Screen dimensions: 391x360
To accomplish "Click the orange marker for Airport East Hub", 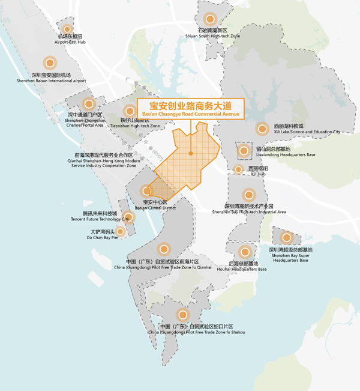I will pos(67,29).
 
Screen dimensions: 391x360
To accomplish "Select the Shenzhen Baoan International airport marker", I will pos(50,62).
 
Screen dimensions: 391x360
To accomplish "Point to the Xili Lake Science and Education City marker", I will pos(262,129).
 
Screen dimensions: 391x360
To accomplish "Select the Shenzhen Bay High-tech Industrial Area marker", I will pos(249,195).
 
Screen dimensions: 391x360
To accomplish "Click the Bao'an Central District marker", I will pos(147,191).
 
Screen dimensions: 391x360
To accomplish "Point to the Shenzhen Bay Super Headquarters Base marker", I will pos(287,237).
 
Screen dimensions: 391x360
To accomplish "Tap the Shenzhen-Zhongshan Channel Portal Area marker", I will pos(88,104).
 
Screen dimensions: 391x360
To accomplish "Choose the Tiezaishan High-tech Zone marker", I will pos(130,111).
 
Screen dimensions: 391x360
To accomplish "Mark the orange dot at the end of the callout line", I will pos(190,154).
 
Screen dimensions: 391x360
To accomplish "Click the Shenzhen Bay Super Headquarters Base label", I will pos(290,255).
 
